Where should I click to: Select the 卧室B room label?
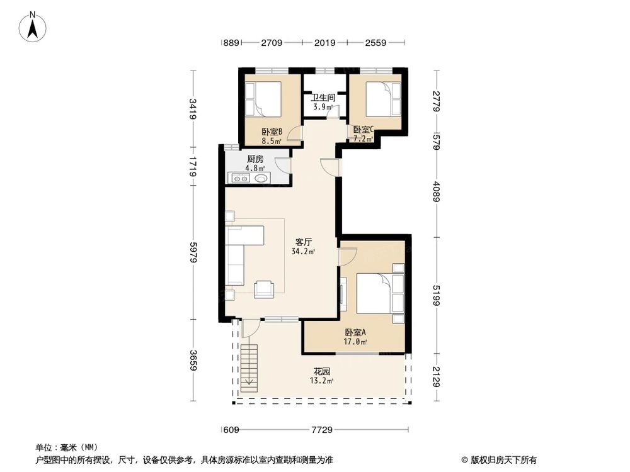[272, 132]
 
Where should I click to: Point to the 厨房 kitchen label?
[255, 159]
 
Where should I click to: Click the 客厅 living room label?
[304, 242]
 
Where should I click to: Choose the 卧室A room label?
[355, 333]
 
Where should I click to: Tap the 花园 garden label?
[322, 371]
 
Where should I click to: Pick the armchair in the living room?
[264, 289]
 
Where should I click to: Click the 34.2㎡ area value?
[303, 251]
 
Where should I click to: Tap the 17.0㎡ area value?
[355, 342]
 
